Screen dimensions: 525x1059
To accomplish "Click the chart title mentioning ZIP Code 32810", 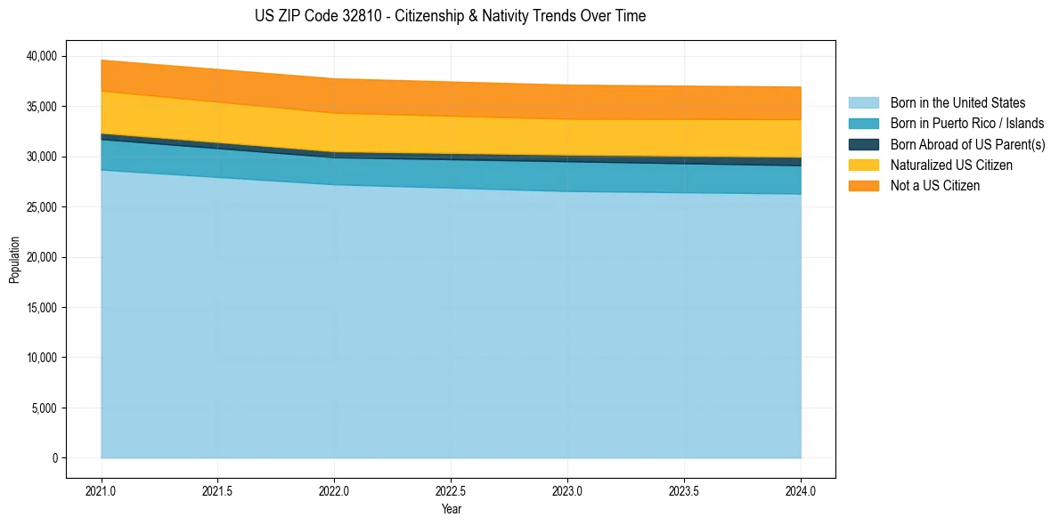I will pyautogui.click(x=450, y=16).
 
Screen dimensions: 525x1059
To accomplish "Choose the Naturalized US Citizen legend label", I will pyautogui.click(x=951, y=165).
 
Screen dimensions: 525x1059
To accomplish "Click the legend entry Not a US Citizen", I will pyautogui.click(x=934, y=185).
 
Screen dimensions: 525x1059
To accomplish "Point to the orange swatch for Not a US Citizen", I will pyautogui.click(x=863, y=185).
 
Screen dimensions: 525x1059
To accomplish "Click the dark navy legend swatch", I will pyautogui.click(x=863, y=144).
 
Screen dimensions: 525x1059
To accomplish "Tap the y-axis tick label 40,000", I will pyautogui.click(x=41, y=56).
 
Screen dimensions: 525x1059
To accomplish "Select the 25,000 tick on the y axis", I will pyautogui.click(x=41, y=207).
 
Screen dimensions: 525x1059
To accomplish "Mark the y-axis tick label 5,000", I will pyautogui.click(x=44, y=408).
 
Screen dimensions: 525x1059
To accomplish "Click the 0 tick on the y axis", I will pyautogui.click(x=54, y=458).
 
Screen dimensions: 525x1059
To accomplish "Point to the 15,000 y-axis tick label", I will pyautogui.click(x=41, y=308).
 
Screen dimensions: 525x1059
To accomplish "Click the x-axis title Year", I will pyautogui.click(x=452, y=509).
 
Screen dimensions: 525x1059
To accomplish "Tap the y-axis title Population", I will pyautogui.click(x=14, y=260).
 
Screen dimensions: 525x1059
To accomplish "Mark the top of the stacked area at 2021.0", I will pyautogui.click(x=102, y=61).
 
